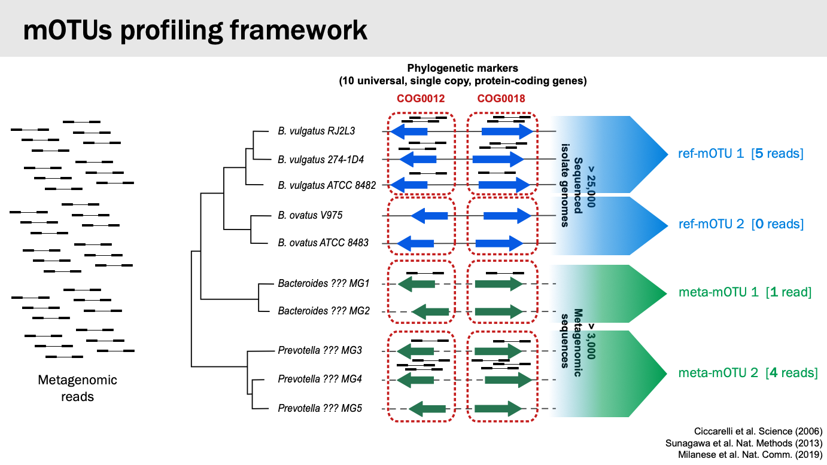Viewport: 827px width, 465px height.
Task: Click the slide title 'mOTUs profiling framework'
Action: [195, 30]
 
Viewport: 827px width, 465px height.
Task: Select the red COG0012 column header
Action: [421, 99]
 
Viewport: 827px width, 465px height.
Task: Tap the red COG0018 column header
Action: [501, 99]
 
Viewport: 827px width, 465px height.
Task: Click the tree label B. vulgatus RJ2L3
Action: [317, 131]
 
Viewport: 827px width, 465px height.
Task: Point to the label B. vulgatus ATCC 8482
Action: [327, 185]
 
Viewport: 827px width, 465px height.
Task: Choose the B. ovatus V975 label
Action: [310, 215]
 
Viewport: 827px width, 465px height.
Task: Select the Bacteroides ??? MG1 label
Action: [323, 283]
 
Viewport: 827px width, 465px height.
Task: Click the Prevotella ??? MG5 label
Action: [320, 408]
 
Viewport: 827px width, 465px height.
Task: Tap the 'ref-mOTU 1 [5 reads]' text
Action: [741, 154]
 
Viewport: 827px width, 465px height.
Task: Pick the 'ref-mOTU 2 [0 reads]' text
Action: [741, 224]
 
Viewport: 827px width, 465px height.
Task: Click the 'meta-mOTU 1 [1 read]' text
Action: [745, 292]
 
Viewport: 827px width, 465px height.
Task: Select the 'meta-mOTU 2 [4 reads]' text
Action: [748, 372]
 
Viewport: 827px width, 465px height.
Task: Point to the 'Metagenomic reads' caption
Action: [78, 388]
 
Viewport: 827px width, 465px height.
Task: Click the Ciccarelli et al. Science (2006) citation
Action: [758, 431]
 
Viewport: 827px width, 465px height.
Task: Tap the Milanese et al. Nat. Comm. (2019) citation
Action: [750, 454]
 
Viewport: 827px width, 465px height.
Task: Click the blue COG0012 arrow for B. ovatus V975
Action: [430, 216]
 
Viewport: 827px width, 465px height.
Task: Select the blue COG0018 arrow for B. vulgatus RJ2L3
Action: [507, 131]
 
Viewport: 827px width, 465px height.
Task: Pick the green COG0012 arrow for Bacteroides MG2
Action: [430, 311]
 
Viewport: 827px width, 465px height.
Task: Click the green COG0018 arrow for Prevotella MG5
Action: [498, 409]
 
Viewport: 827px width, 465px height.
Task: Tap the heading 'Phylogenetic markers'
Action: [463, 68]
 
